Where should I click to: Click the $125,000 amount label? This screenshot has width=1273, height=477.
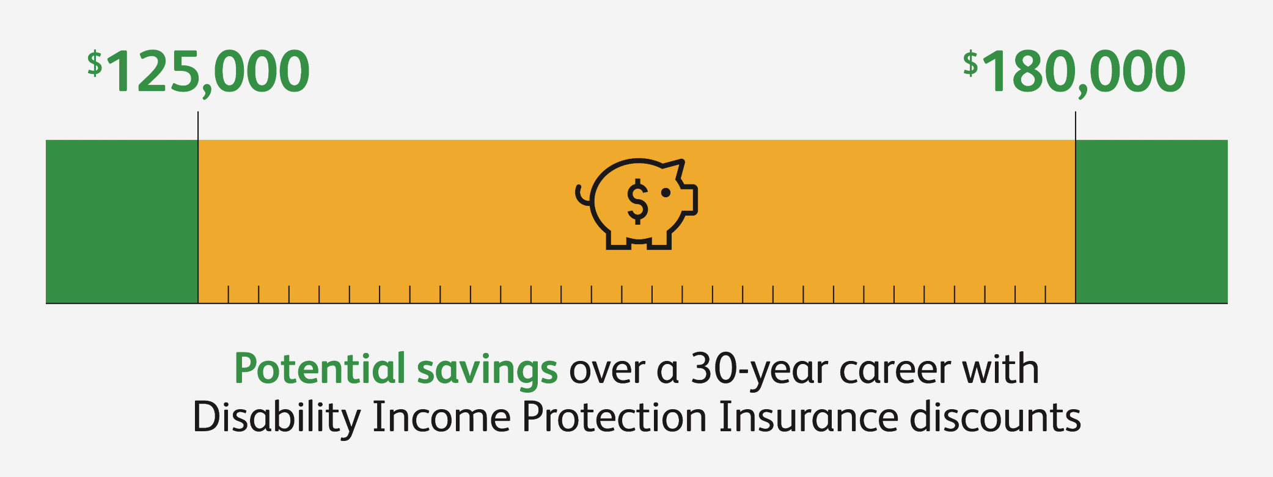tap(199, 72)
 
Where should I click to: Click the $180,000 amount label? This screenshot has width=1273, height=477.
tap(1074, 72)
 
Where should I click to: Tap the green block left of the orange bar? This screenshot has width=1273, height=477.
tap(122, 221)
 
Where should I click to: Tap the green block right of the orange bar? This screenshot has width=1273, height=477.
tap(1151, 221)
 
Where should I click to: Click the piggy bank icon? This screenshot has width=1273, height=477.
tap(637, 203)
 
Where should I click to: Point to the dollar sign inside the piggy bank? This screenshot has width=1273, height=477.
tap(637, 201)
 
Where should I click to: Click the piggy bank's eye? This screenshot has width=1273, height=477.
tap(666, 192)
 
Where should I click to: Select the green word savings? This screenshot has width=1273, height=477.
tap(487, 371)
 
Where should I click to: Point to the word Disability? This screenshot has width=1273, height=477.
tap(276, 419)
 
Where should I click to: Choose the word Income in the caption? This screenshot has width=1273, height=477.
tap(441, 418)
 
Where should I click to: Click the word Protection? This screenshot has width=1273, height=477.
tap(614, 418)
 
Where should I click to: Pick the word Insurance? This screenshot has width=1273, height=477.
tap(809, 418)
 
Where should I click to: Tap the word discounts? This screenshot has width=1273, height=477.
tap(996, 418)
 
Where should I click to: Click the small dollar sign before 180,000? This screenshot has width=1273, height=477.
tap(970, 64)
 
